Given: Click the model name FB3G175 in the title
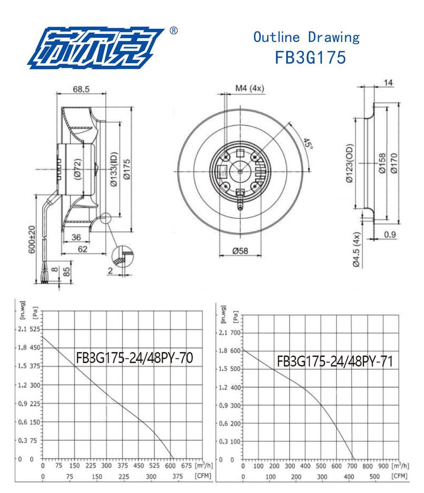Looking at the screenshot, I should click(310, 57).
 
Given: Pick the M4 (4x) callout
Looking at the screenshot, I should click(250, 88).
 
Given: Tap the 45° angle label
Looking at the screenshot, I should click(308, 145).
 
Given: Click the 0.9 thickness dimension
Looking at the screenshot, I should click(390, 234).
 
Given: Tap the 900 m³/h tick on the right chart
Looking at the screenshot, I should click(383, 465).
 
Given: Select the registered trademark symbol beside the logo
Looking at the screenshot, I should click(173, 31).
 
